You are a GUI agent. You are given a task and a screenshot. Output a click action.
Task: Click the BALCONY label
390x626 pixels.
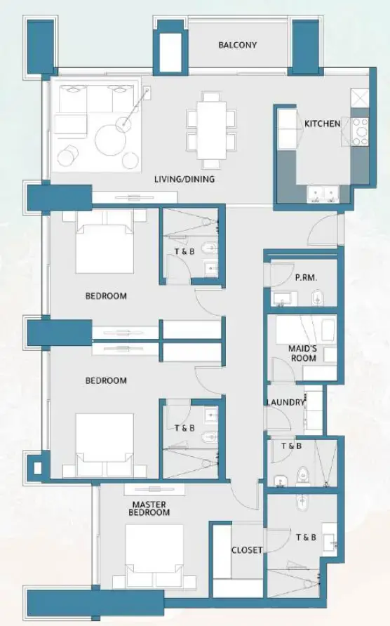coord(237,45)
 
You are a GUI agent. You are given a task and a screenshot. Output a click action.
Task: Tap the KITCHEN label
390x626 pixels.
coord(322,124)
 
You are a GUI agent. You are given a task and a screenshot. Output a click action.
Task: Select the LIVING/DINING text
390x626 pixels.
coord(184,179)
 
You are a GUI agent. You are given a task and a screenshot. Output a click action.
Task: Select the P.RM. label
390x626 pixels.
coord(305,278)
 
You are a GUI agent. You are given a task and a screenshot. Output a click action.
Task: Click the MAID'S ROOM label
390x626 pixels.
coord(302,353)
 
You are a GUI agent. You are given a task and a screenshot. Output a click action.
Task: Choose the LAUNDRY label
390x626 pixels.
coord(285,402)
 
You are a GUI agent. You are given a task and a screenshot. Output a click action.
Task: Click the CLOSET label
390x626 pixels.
coord(247,550)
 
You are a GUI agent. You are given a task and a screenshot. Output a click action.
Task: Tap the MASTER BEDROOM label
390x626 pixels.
coord(149,509)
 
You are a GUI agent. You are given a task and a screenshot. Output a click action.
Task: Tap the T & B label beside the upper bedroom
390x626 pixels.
coord(184,253)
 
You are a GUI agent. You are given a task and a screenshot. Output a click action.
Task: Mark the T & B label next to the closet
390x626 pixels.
coord(306,538)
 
